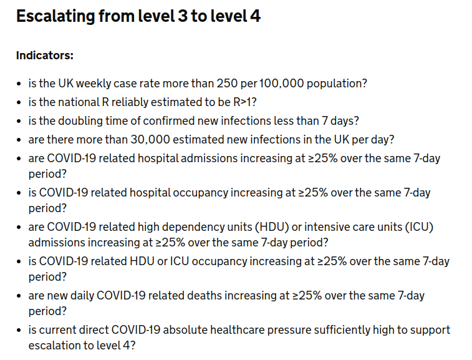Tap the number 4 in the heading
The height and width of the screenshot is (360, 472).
[255, 16]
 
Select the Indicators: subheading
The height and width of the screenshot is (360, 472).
[45, 56]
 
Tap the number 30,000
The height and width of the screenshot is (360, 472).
[150, 140]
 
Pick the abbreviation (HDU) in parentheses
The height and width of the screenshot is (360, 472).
[272, 227]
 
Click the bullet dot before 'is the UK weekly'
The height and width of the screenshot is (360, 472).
[19, 84]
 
